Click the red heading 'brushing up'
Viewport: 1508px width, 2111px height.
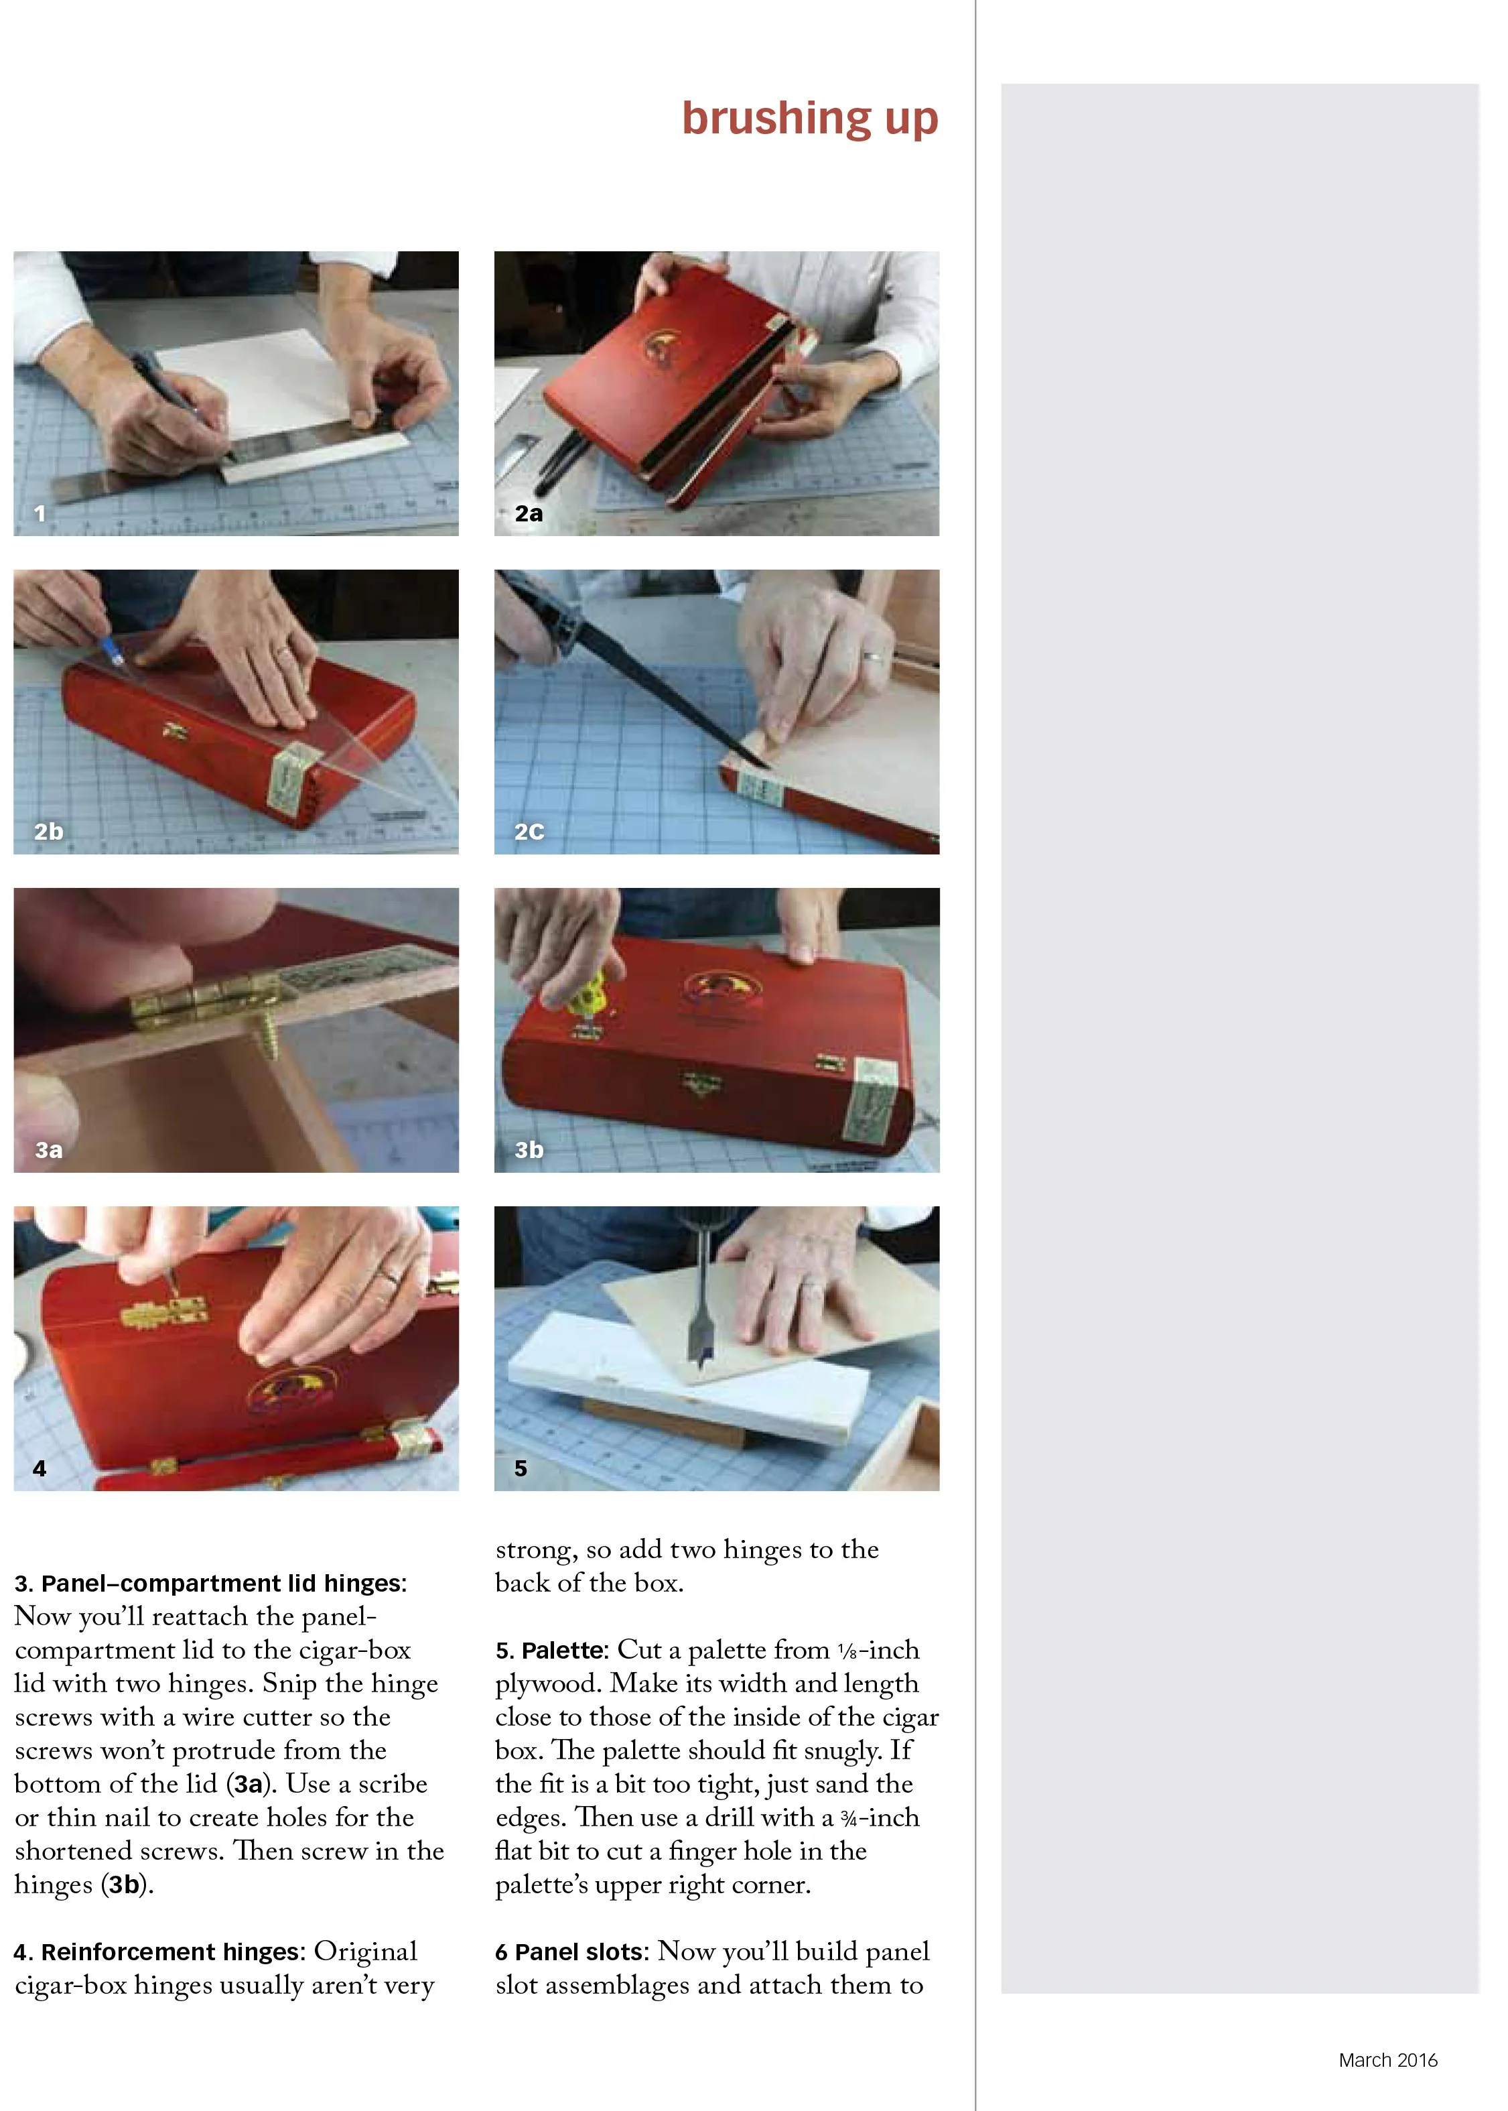(810, 119)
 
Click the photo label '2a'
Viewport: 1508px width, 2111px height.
(529, 513)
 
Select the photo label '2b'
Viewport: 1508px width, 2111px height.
(48, 831)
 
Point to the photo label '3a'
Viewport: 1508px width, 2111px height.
(48, 1150)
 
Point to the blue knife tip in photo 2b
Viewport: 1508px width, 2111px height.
(116, 653)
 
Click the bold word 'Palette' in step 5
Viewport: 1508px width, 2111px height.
(563, 1651)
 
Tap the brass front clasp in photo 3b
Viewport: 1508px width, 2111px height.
(700, 1082)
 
